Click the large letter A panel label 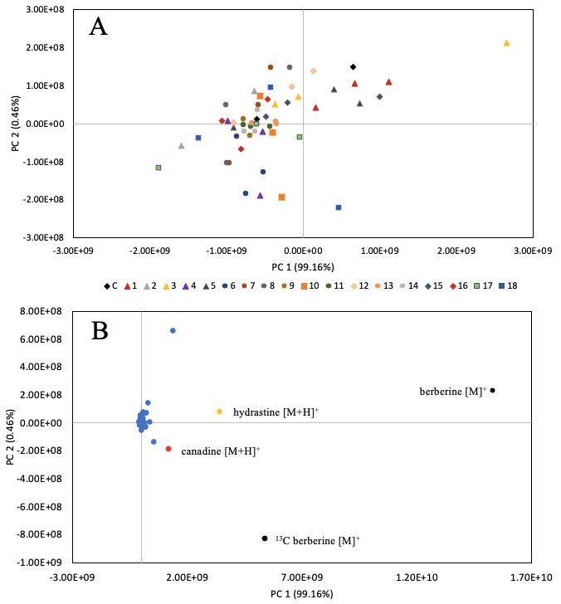coord(99,27)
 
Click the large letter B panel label coord(99,331)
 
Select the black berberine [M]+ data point coord(492,390)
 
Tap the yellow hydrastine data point coord(219,412)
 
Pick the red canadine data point coord(168,449)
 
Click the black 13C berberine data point coord(265,538)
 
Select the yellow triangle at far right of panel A coord(506,43)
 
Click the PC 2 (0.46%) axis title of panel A coord(13,123)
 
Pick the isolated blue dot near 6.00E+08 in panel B coord(173,330)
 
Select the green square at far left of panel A coord(159,168)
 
